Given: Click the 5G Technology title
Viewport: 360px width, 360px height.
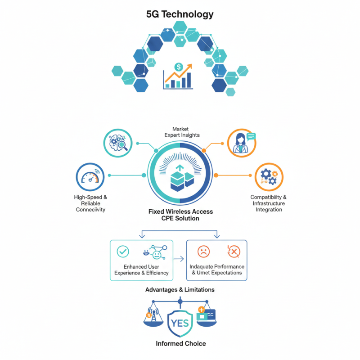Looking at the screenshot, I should [180, 14].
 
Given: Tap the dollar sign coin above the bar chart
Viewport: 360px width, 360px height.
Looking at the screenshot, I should [179, 67].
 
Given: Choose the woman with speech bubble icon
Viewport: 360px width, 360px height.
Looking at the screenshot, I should [242, 143].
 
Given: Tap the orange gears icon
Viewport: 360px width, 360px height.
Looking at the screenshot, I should [269, 177].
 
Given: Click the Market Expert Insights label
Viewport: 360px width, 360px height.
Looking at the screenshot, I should [180, 132].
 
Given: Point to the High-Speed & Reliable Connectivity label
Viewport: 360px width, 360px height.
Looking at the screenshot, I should [90, 203].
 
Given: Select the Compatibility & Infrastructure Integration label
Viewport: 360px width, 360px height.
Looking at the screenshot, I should [269, 203].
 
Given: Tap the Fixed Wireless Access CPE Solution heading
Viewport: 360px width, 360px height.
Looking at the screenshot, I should [180, 215].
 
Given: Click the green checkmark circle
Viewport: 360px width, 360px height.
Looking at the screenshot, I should [123, 252].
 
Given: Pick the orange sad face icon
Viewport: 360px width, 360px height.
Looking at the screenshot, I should [204, 251].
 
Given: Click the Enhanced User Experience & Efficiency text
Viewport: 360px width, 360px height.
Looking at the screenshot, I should [141, 270].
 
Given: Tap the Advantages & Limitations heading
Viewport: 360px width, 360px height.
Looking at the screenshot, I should [180, 289].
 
